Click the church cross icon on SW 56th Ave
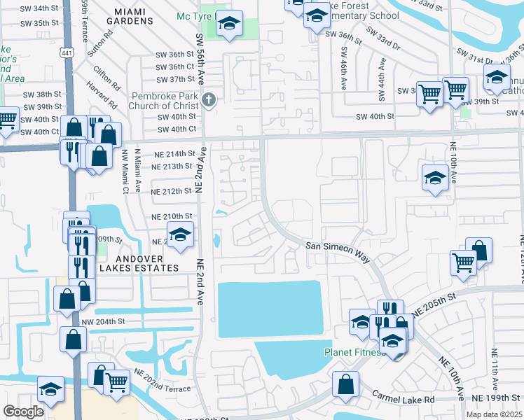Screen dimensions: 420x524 tap(209, 101)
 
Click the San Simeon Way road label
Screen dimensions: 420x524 tap(338, 251)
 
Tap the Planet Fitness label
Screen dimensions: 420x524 tap(354, 352)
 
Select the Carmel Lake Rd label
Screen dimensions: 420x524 tap(404, 397)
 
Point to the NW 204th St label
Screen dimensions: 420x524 tap(103, 321)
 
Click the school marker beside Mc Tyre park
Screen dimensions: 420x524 tap(228, 24)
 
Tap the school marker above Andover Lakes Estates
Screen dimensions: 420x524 tap(180, 235)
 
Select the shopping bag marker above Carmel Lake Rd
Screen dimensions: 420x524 tap(346, 384)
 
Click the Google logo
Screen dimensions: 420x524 tap(24, 412)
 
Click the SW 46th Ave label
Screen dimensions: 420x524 tap(343, 68)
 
